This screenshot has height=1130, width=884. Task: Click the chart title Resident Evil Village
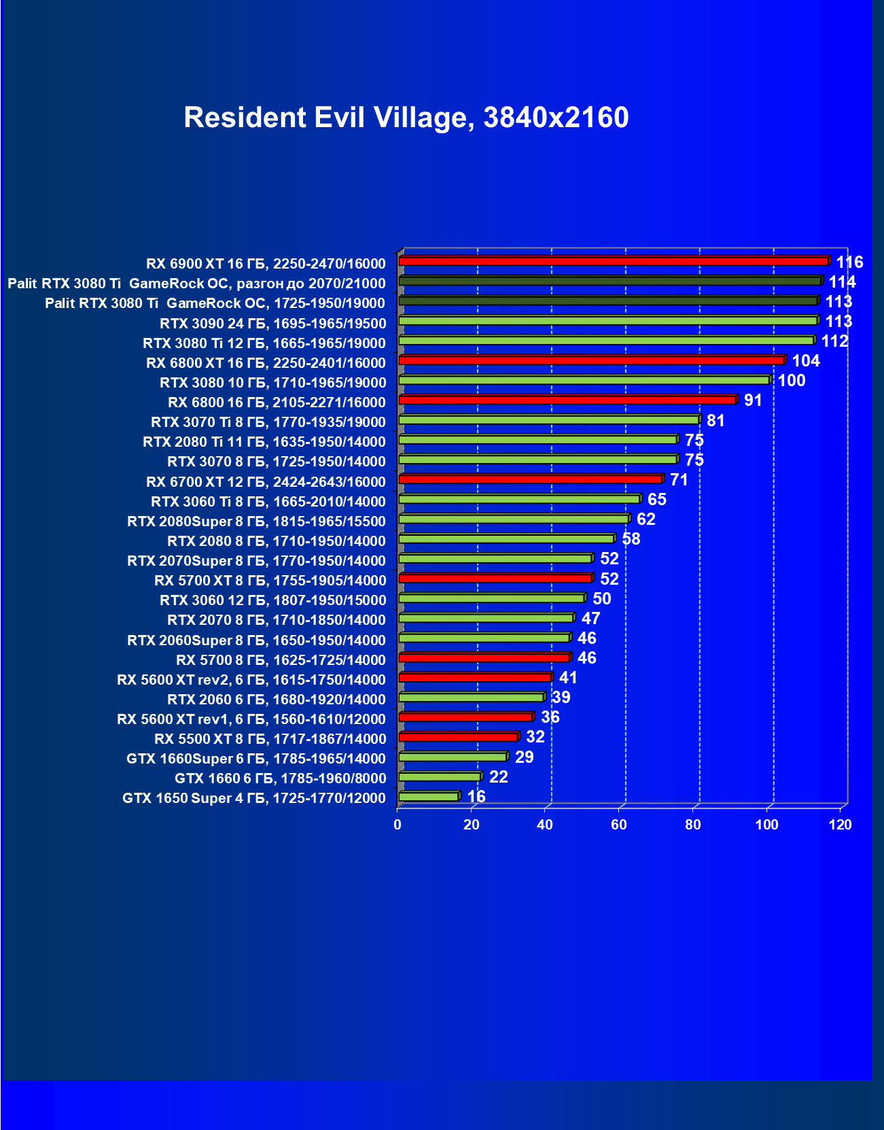(x=406, y=118)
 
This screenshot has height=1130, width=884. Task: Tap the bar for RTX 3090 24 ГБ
(x=608, y=320)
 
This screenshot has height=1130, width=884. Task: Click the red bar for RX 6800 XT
(x=591, y=360)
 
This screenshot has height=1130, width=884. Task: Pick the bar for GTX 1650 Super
(x=429, y=796)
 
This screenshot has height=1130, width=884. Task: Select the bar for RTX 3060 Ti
(x=520, y=499)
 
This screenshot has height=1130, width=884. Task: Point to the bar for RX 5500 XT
(x=459, y=737)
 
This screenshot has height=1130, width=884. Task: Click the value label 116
(x=849, y=262)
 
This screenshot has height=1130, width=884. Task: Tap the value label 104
(x=806, y=360)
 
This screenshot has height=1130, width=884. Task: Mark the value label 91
(x=753, y=400)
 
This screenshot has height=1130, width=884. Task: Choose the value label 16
(x=476, y=796)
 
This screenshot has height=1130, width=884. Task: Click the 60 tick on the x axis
(x=619, y=825)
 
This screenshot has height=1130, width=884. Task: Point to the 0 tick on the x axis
(x=397, y=825)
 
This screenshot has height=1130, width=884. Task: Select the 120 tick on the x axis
(x=841, y=825)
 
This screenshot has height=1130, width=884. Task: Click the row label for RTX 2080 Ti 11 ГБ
(x=264, y=442)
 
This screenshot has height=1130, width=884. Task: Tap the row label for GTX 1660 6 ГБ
(x=280, y=778)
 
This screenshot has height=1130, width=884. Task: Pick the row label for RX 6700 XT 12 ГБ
(x=266, y=482)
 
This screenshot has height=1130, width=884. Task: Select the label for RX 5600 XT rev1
(x=251, y=719)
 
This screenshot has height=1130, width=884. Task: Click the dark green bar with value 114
(x=610, y=281)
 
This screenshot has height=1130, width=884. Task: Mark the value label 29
(x=524, y=757)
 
